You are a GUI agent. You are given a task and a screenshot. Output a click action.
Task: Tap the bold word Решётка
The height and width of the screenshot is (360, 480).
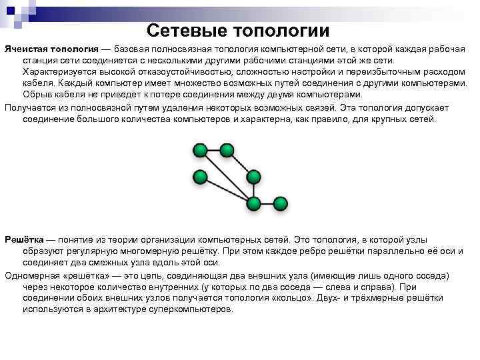pyautogui.click(x=23, y=238)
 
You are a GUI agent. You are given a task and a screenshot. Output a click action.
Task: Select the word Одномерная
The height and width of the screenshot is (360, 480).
pyautogui.click(x=31, y=275)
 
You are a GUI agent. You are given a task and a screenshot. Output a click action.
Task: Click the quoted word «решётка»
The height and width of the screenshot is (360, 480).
pyautogui.click(x=84, y=275)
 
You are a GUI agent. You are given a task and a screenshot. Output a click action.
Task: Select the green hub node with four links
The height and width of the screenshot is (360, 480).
pyautogui.click(x=253, y=203)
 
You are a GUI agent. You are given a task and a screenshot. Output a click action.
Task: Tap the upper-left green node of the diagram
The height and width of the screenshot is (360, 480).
pyautogui.click(x=199, y=150)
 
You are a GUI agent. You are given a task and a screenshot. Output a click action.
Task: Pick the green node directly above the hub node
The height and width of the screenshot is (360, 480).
pyautogui.click(x=253, y=177)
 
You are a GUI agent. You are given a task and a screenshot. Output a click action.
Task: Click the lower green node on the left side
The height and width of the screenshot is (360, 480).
pyautogui.click(x=199, y=177)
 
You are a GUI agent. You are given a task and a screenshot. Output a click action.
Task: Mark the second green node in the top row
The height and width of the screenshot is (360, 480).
pyautogui.click(x=227, y=150)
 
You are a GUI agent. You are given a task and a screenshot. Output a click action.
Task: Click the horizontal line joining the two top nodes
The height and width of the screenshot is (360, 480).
pyautogui.click(x=213, y=150)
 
